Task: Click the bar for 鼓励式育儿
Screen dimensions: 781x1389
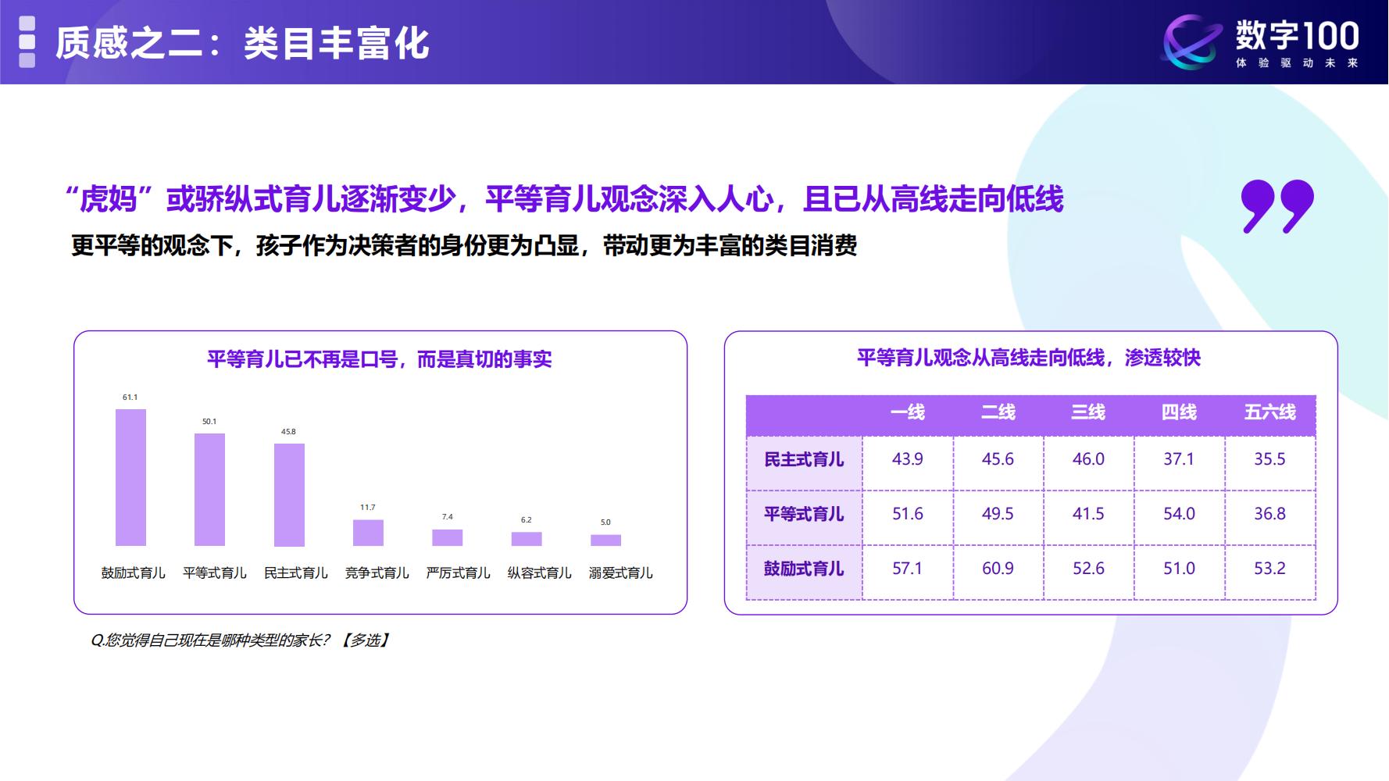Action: coord(130,477)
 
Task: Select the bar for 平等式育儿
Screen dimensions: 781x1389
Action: coord(209,490)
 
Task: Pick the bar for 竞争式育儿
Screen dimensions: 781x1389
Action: coord(368,533)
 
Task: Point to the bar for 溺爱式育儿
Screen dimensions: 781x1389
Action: coord(605,540)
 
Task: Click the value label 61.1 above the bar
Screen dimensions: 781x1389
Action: coord(130,398)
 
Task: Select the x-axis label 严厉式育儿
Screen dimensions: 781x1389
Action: coord(458,573)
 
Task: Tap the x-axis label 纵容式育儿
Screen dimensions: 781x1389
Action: coord(539,573)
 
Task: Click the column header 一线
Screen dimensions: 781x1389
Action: coord(907,412)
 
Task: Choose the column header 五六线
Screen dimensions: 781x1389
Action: coord(1269,412)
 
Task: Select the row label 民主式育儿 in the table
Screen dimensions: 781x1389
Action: coord(804,460)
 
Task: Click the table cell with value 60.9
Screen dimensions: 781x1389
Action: coord(998,569)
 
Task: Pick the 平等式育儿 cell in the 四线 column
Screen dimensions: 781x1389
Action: coord(1179,514)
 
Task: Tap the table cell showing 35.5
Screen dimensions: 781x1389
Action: coord(1269,459)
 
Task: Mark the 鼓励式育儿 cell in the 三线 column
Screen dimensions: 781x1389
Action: coord(1088,569)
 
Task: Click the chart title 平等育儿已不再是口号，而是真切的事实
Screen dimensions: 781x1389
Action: coord(380,359)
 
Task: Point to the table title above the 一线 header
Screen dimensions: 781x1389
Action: coord(1028,358)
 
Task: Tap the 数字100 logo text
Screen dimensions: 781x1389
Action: coord(1297,37)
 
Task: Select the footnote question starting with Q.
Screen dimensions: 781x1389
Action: coord(240,640)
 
